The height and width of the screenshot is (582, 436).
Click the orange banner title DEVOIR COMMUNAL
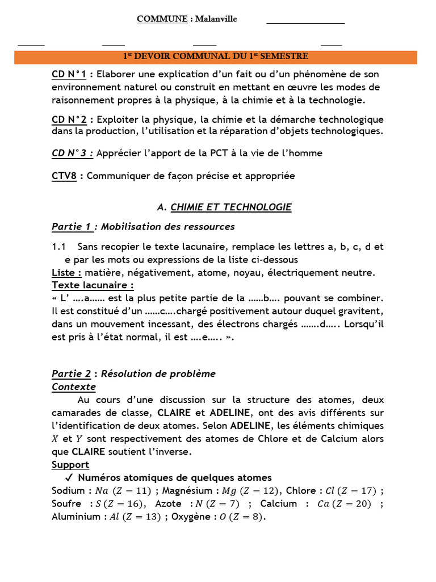216,57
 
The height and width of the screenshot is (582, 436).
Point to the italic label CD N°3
72,153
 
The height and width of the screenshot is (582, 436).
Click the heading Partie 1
72,227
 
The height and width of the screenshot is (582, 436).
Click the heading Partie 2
72,374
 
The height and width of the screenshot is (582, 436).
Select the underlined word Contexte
74,387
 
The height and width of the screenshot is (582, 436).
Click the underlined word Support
70,465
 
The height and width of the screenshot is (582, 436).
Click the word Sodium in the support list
69,491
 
